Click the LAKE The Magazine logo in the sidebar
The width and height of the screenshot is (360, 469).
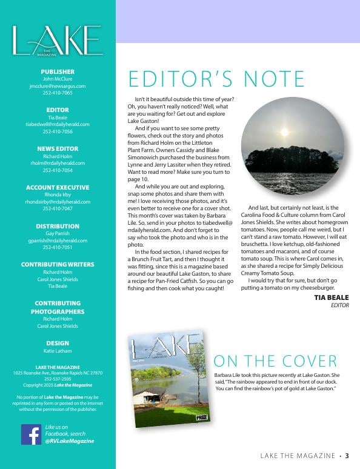pyautogui.click(x=57, y=41)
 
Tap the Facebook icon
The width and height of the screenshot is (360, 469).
pyautogui.click(x=31, y=434)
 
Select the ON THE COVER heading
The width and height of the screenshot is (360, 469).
pyautogui.click(x=275, y=362)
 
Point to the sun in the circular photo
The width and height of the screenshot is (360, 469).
pyautogui.click(x=285, y=131)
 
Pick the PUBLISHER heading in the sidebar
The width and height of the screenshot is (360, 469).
pyautogui.click(x=58, y=71)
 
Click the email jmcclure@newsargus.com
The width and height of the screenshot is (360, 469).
pyautogui.click(x=58, y=86)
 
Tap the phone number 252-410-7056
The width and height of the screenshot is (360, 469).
pyautogui.click(x=58, y=131)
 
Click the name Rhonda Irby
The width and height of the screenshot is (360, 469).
pyautogui.click(x=58, y=195)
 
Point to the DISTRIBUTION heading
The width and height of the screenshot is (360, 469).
pyautogui.click(x=58, y=226)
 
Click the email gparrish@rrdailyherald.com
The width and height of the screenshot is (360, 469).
pyautogui.click(x=58, y=241)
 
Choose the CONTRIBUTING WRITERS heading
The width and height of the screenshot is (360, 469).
pyautogui.click(x=58, y=265)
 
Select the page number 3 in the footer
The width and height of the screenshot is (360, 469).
pyautogui.click(x=347, y=456)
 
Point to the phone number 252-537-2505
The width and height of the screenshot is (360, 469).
pyautogui.click(x=58, y=379)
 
